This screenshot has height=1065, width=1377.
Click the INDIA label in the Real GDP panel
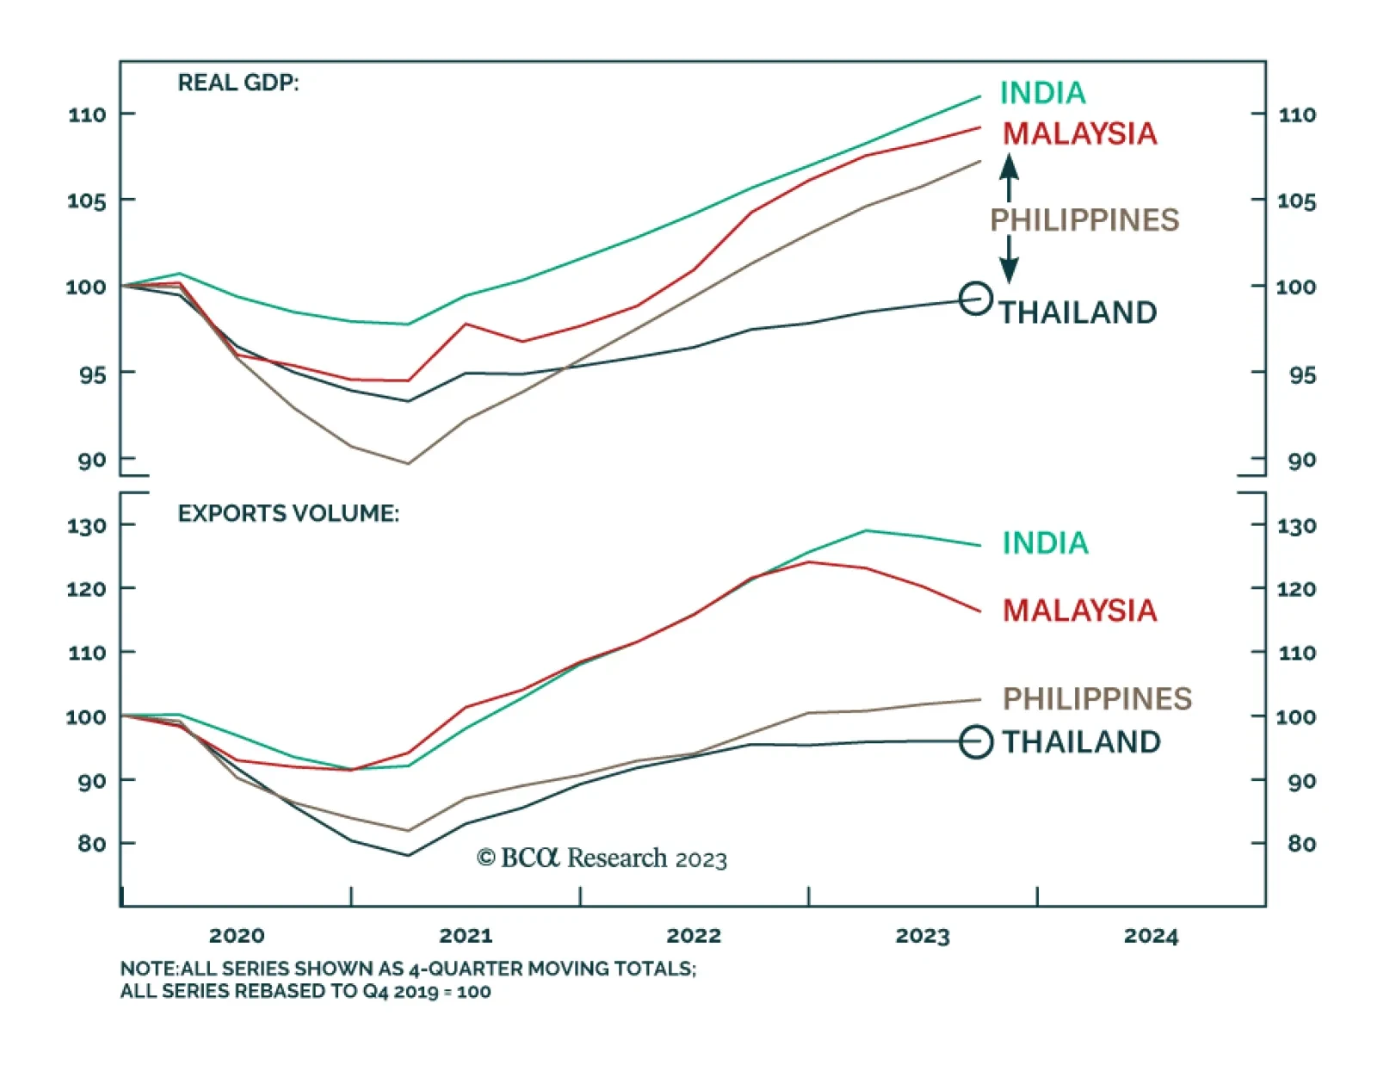point(1042,93)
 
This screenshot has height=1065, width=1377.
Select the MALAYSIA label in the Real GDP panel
point(1079,133)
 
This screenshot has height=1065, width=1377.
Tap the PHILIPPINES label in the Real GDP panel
point(1084,220)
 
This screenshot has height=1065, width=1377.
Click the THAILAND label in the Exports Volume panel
point(1081,742)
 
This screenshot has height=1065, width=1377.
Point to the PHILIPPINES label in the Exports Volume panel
point(1096,698)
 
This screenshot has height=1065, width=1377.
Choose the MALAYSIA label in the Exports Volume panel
point(1079,610)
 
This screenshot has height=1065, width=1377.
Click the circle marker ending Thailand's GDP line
point(975,299)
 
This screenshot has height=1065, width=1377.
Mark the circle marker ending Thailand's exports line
point(976,741)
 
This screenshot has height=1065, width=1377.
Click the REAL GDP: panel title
point(238,84)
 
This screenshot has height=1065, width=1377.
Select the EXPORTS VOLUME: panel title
point(288,514)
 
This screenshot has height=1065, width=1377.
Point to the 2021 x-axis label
point(466,936)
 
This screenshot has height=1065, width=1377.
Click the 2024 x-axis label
point(1151,936)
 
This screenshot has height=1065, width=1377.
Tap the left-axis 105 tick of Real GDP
point(87,201)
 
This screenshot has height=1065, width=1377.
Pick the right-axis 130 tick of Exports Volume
point(1297,526)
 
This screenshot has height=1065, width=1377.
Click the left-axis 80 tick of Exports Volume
point(91,844)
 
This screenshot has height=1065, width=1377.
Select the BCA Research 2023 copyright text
point(602,858)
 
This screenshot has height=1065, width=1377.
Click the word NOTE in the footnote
point(148,969)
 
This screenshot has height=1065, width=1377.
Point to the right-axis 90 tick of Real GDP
point(1301,461)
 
